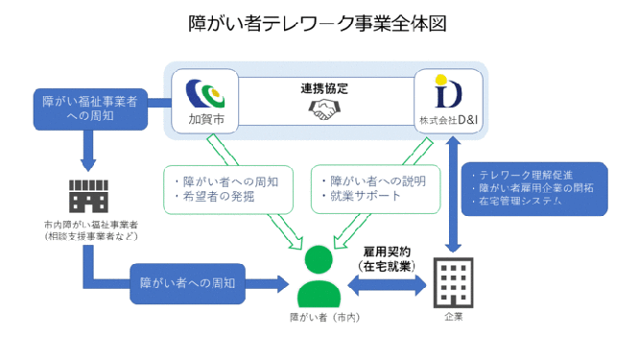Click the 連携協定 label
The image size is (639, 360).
click(324, 88)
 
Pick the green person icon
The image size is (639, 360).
click(320, 277)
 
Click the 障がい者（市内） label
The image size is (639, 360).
click(320, 315)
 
